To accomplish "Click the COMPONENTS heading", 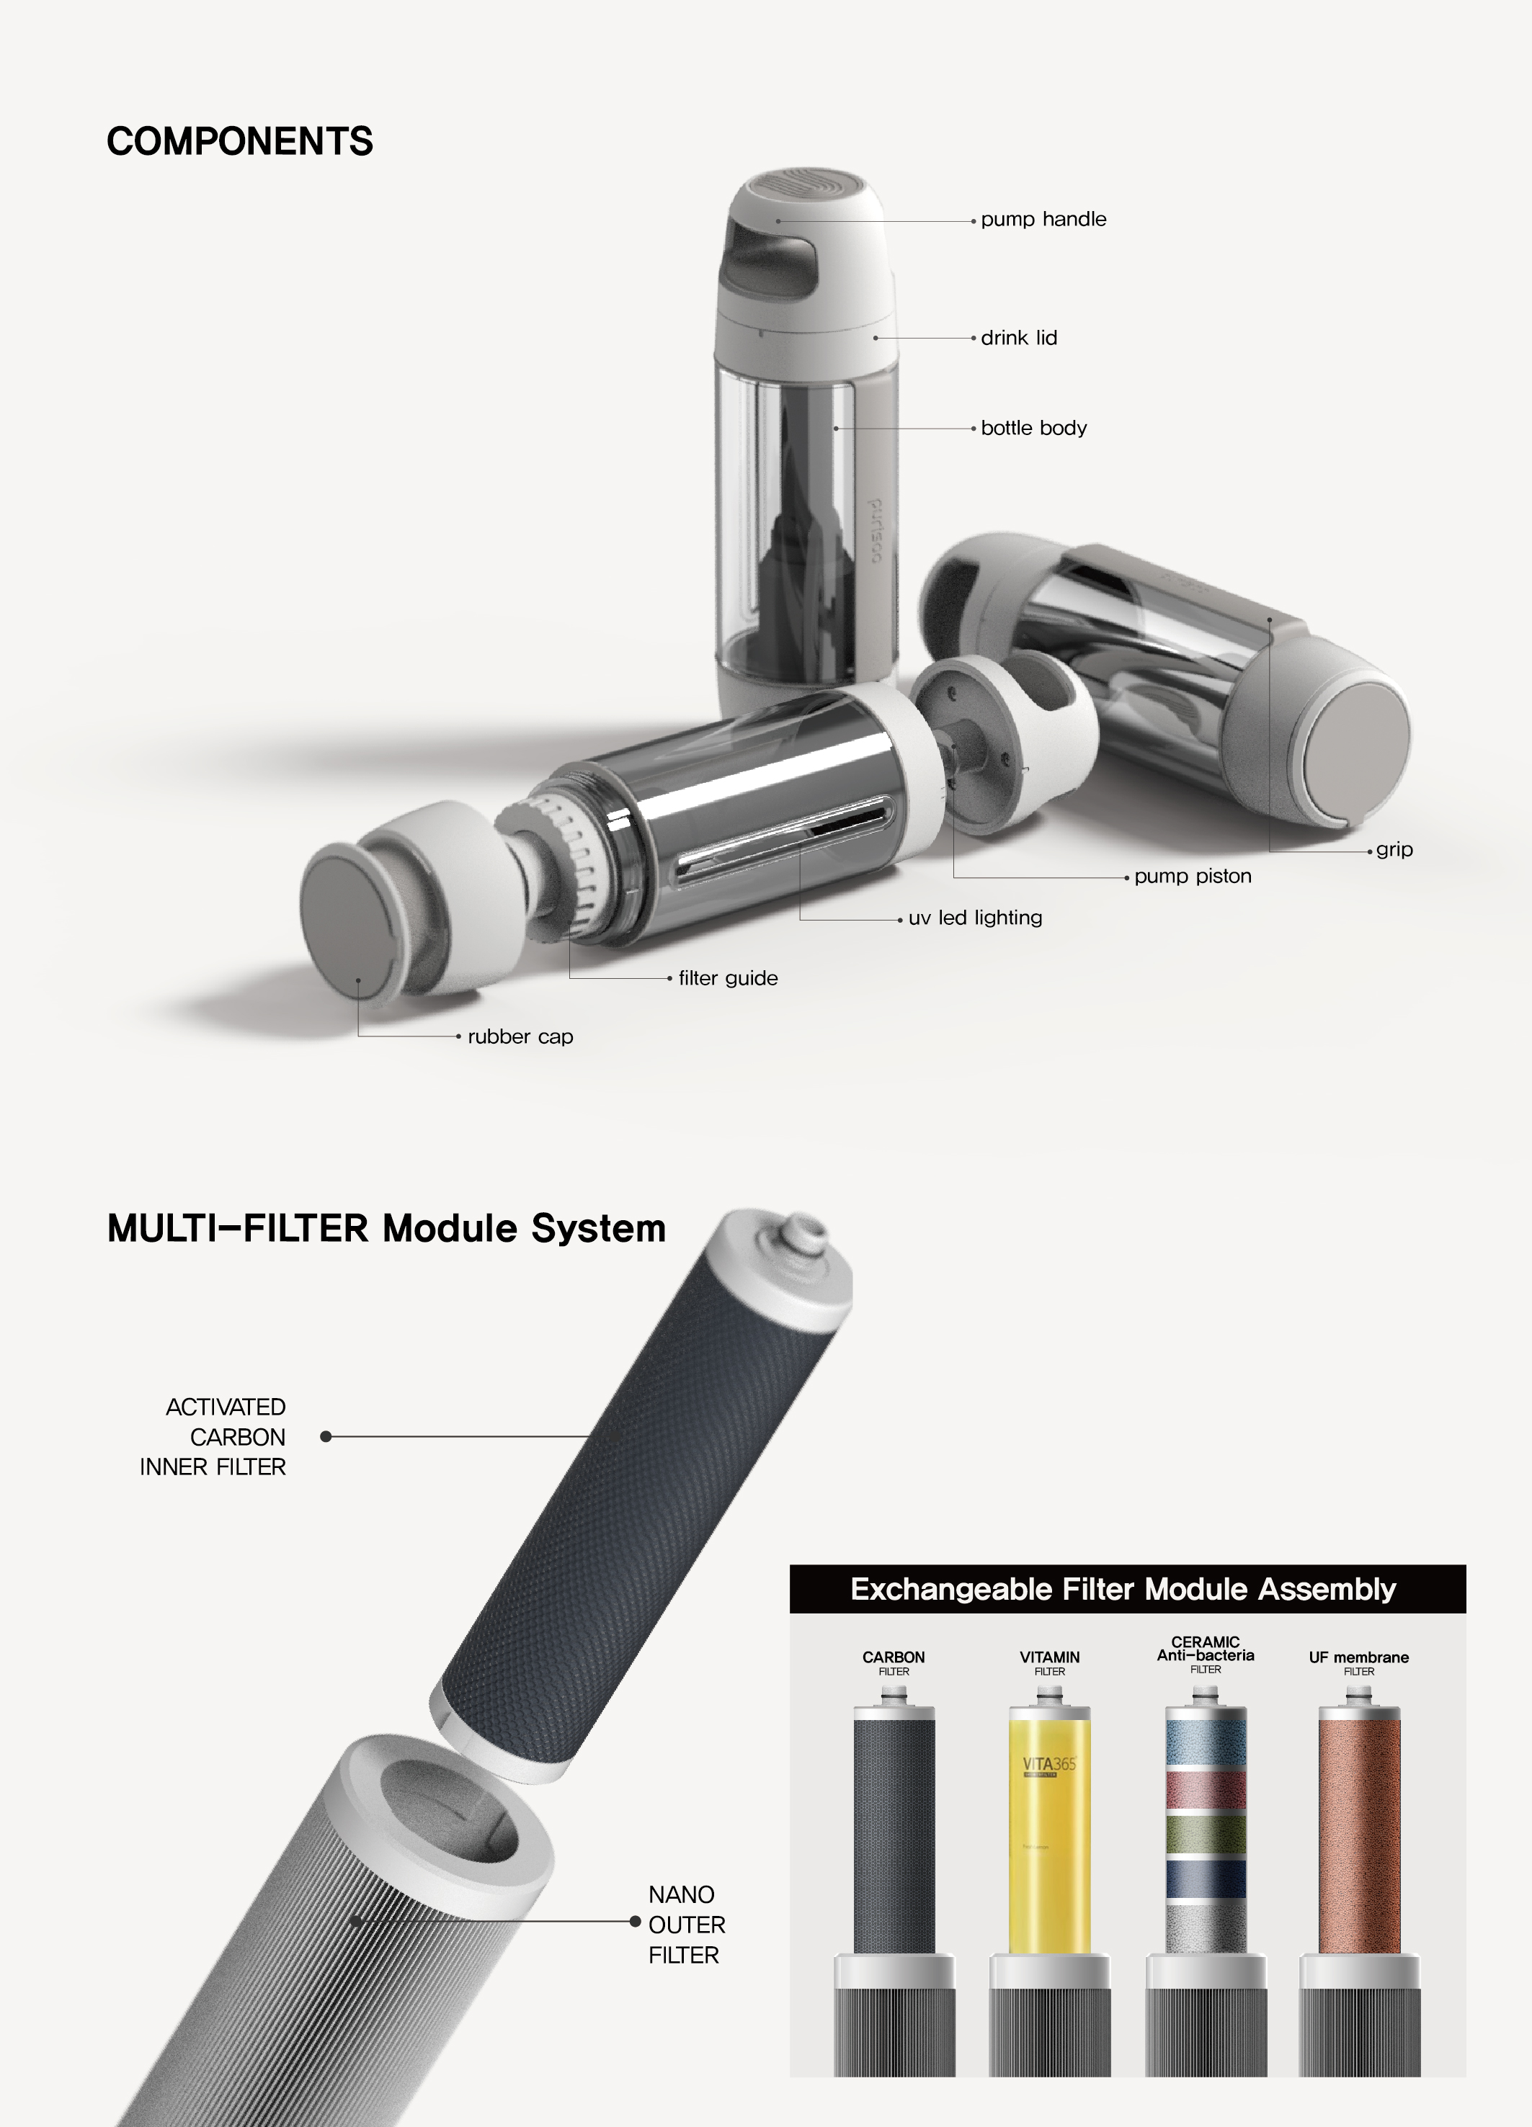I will coord(239,142).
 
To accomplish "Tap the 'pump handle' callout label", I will coord(1043,220).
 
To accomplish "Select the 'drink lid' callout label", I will coord(1019,338).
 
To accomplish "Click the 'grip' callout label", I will coord(1394,850).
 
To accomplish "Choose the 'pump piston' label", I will coord(1193,876).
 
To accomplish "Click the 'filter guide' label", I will coord(728,978).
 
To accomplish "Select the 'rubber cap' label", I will coord(520,1036).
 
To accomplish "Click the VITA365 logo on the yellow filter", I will coord(1049,1765).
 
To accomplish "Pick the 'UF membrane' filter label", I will coord(1358,1658).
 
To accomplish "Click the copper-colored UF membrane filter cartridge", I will coord(1358,1829).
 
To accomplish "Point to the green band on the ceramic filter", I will coord(1206,1832).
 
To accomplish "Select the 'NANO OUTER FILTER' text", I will coord(686,1925).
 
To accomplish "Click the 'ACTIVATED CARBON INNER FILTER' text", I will coord(214,1437).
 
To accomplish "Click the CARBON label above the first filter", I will coord(893,1657).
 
